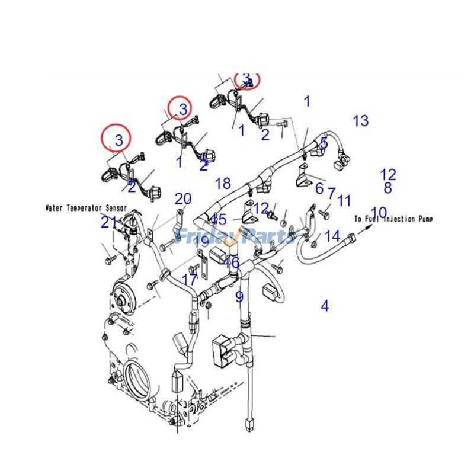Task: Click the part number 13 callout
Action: (x=360, y=121)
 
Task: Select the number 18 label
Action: (x=223, y=184)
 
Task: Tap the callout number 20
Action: (x=183, y=198)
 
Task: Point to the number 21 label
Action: (x=109, y=222)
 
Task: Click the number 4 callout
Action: (x=325, y=306)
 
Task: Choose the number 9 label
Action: (x=239, y=296)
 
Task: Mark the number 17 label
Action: (x=190, y=279)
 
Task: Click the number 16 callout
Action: (x=232, y=262)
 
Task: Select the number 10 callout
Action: (x=379, y=212)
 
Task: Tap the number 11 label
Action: (x=344, y=200)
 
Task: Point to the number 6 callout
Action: (x=319, y=189)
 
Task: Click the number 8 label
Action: (x=387, y=188)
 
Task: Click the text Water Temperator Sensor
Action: (x=87, y=209)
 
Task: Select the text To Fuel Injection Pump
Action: (x=393, y=219)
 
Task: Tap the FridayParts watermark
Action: (x=237, y=236)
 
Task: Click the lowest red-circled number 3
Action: (x=119, y=140)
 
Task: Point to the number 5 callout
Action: (x=324, y=143)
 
